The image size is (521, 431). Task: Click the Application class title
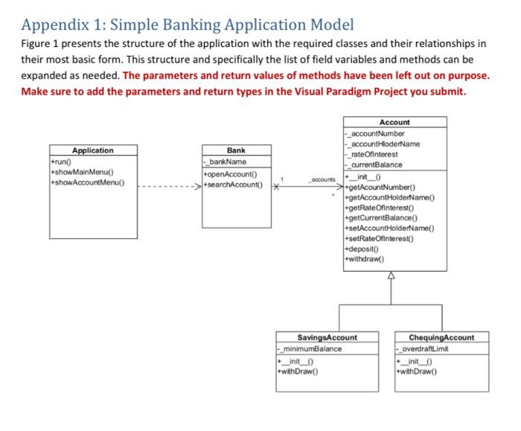[x=93, y=150]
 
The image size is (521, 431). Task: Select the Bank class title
[x=236, y=150]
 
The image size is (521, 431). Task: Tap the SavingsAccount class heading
[x=327, y=338]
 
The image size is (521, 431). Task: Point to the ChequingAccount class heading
[x=441, y=338]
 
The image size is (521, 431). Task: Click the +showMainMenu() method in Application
[x=82, y=172]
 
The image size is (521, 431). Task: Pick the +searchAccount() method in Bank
[x=233, y=185]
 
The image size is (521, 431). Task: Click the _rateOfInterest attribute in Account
[x=371, y=155]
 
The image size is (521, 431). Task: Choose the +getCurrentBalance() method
[x=381, y=218]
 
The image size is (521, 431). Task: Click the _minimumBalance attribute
[x=310, y=349]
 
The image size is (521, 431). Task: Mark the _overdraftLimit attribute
[x=422, y=349]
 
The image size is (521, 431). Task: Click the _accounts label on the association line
[x=322, y=179]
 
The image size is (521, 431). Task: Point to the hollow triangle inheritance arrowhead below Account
[x=391, y=275]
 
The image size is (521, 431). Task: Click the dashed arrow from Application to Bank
[x=170, y=186]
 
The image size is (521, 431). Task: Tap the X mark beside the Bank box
[x=276, y=186]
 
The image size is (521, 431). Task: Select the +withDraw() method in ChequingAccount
[x=417, y=371]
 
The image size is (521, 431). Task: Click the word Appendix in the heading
[x=55, y=25]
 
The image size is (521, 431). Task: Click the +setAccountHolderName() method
[x=389, y=229]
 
